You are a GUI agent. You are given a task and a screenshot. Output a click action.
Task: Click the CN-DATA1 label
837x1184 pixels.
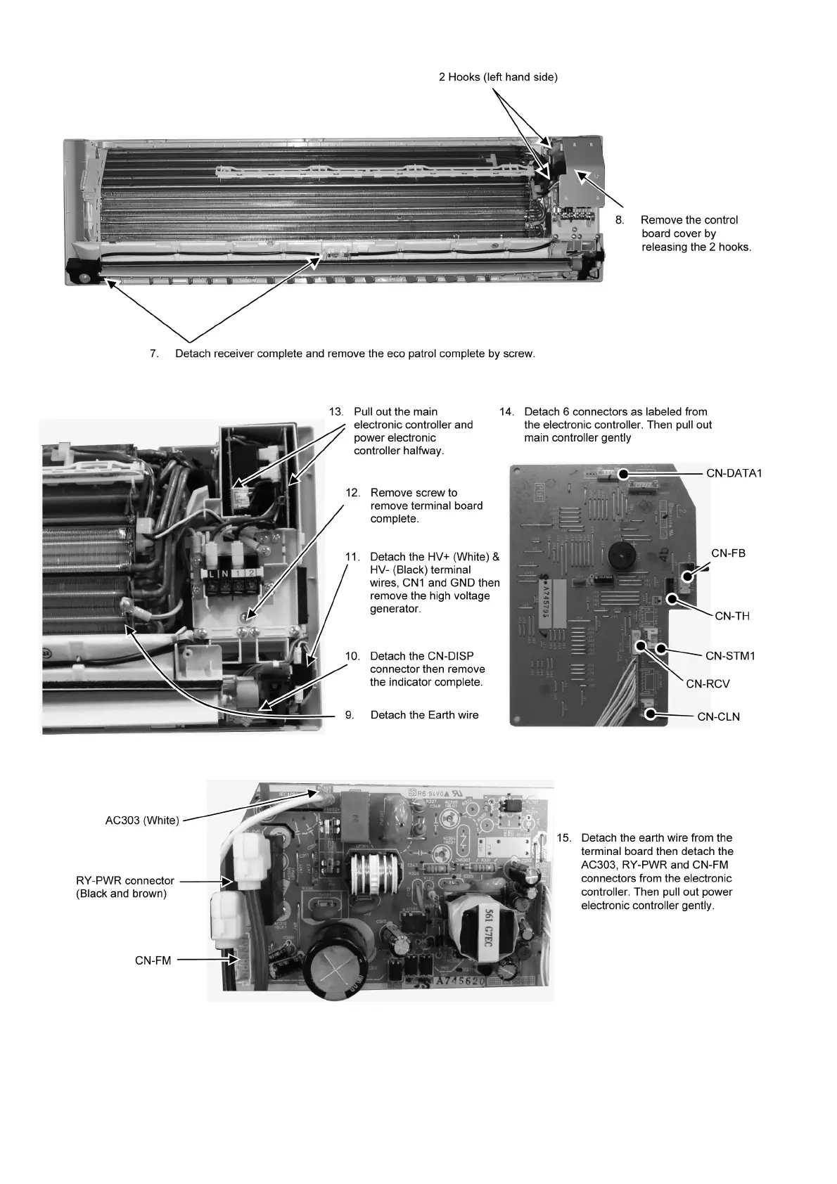734,473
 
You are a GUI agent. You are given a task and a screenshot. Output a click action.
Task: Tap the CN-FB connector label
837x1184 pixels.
728,553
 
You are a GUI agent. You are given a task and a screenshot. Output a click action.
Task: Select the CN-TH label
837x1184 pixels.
731,616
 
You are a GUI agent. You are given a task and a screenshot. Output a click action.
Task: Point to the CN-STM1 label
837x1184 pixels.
730,655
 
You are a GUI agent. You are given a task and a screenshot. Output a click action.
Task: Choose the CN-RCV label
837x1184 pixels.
708,683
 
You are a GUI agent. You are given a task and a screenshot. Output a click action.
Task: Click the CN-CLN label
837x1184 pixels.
718,716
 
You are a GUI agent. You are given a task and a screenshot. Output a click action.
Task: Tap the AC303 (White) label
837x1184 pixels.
142,821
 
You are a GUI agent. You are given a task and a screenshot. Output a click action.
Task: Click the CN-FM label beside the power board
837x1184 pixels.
153,960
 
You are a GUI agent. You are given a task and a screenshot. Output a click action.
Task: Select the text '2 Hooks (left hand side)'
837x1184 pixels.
498,77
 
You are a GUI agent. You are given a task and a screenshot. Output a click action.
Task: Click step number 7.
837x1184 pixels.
154,354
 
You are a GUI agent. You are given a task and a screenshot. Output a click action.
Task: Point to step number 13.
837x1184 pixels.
336,411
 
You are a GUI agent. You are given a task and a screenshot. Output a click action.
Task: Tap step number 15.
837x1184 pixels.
563,837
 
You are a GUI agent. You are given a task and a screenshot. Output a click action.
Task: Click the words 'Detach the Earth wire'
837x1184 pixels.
424,715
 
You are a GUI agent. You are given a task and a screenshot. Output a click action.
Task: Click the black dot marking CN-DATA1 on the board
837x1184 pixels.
623,475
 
